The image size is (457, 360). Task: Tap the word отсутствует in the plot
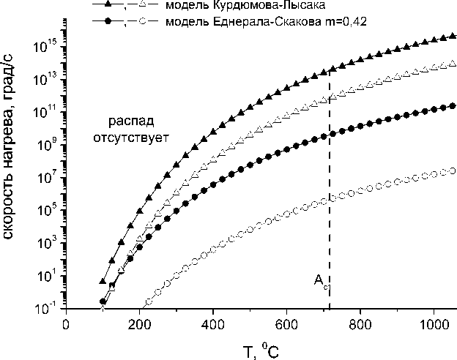pos(130,136)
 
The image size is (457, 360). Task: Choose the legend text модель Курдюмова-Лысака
pos(228,7)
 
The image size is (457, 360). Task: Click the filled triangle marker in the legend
pos(108,6)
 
